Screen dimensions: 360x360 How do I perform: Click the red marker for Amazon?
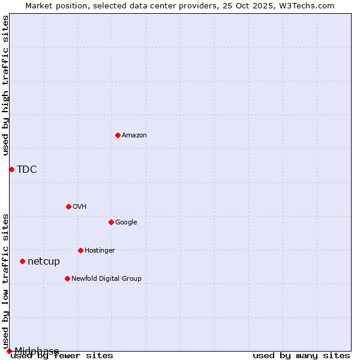[118, 135]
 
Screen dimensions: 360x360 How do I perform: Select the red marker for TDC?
[11, 169]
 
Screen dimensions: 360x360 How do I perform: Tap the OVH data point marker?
[68, 206]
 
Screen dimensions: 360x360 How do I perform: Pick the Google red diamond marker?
[111, 222]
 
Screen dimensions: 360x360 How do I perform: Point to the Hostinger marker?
[80, 250]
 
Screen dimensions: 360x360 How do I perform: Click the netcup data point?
[22, 261]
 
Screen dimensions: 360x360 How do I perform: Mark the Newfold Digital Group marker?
[67, 278]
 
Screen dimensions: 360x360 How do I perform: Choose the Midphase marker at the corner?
[9, 351]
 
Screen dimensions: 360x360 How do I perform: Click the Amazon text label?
[134, 135]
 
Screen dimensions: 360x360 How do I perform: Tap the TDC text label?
[27, 169]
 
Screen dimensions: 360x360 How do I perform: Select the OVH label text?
[80, 206]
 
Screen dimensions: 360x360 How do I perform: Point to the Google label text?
[126, 222]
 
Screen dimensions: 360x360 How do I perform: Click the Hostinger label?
[100, 250]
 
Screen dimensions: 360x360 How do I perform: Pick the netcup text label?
[44, 261]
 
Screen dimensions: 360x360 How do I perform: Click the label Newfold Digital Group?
[106, 278]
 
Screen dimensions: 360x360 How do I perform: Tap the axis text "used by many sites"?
[301, 355]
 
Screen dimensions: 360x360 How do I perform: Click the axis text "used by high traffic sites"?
[5, 85]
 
